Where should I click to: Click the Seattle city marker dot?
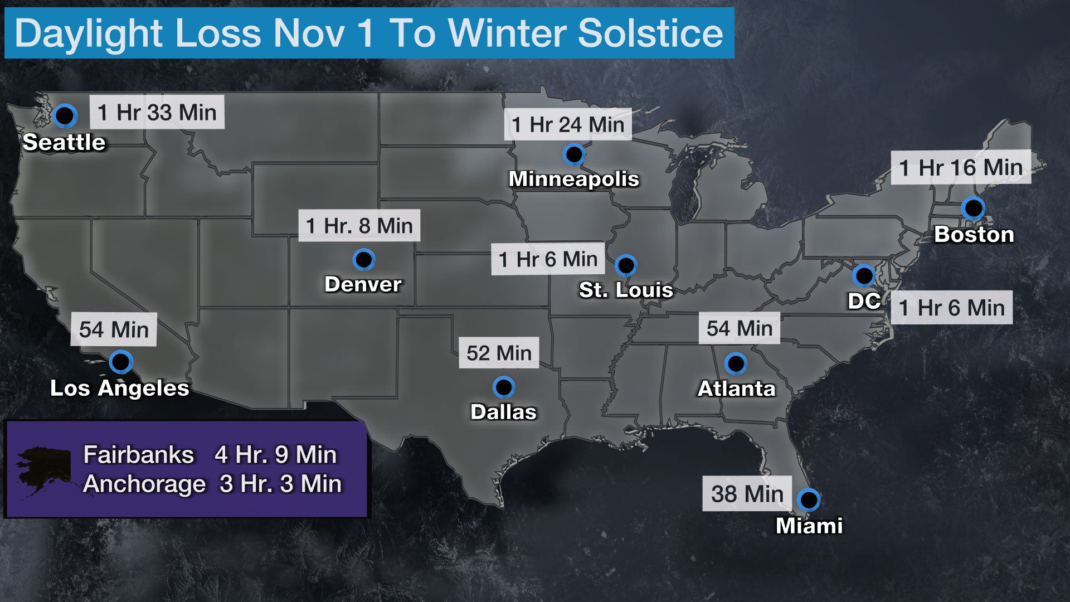point(65,116)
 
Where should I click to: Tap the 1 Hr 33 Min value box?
point(157,113)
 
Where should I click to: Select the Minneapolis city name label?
point(573,179)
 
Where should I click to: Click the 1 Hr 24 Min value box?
point(568,124)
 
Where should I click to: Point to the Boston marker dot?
point(973,208)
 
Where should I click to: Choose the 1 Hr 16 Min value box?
point(961,167)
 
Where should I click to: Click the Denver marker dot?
point(364,259)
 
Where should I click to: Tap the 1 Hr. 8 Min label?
point(359,226)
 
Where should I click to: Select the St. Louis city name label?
point(626,290)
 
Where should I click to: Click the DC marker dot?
point(864,275)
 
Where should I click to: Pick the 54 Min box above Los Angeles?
point(114,329)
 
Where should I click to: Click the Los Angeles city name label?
point(120,388)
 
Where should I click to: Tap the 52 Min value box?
point(499,353)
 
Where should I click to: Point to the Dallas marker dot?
point(504,387)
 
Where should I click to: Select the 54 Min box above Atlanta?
point(740,328)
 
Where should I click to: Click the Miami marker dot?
point(808,499)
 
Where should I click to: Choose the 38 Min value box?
point(747,494)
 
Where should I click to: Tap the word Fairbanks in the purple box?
point(138,455)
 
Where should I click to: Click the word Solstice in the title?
point(650,33)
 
